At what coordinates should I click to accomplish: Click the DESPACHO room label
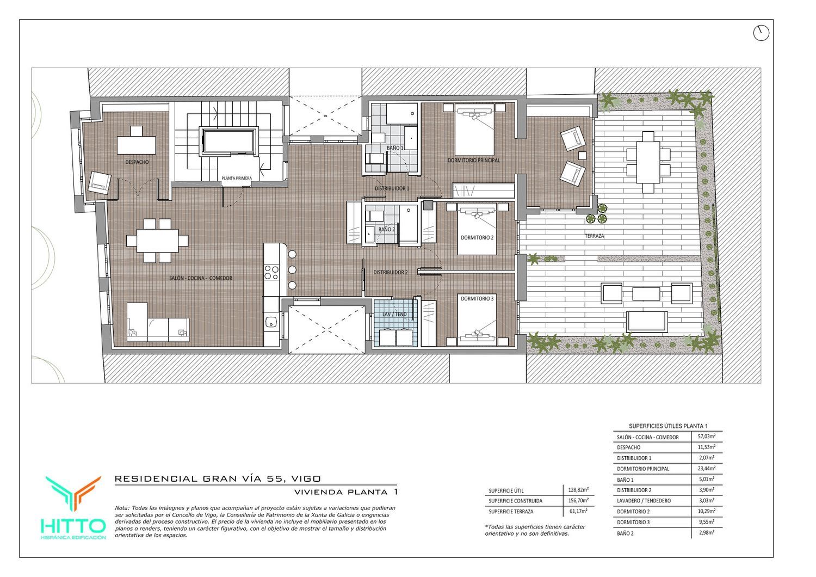[137, 162]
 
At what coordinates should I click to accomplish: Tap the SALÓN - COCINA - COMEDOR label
[200, 278]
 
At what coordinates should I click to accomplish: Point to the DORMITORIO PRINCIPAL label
[474, 161]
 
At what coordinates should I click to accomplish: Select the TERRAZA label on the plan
[594, 236]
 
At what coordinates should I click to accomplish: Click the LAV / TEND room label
[394, 314]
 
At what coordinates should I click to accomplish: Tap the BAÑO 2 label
[386, 229]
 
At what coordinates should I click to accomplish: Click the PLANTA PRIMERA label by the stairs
[237, 178]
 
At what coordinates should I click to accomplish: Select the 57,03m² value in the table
[706, 436]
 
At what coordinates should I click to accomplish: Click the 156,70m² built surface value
[578, 500]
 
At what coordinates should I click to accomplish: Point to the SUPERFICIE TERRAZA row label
[511, 512]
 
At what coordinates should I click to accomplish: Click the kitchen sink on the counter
[271, 322]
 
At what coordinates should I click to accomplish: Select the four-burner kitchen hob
[271, 273]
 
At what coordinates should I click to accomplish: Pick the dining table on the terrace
[648, 163]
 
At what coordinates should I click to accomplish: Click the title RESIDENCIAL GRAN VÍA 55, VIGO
[218, 478]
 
